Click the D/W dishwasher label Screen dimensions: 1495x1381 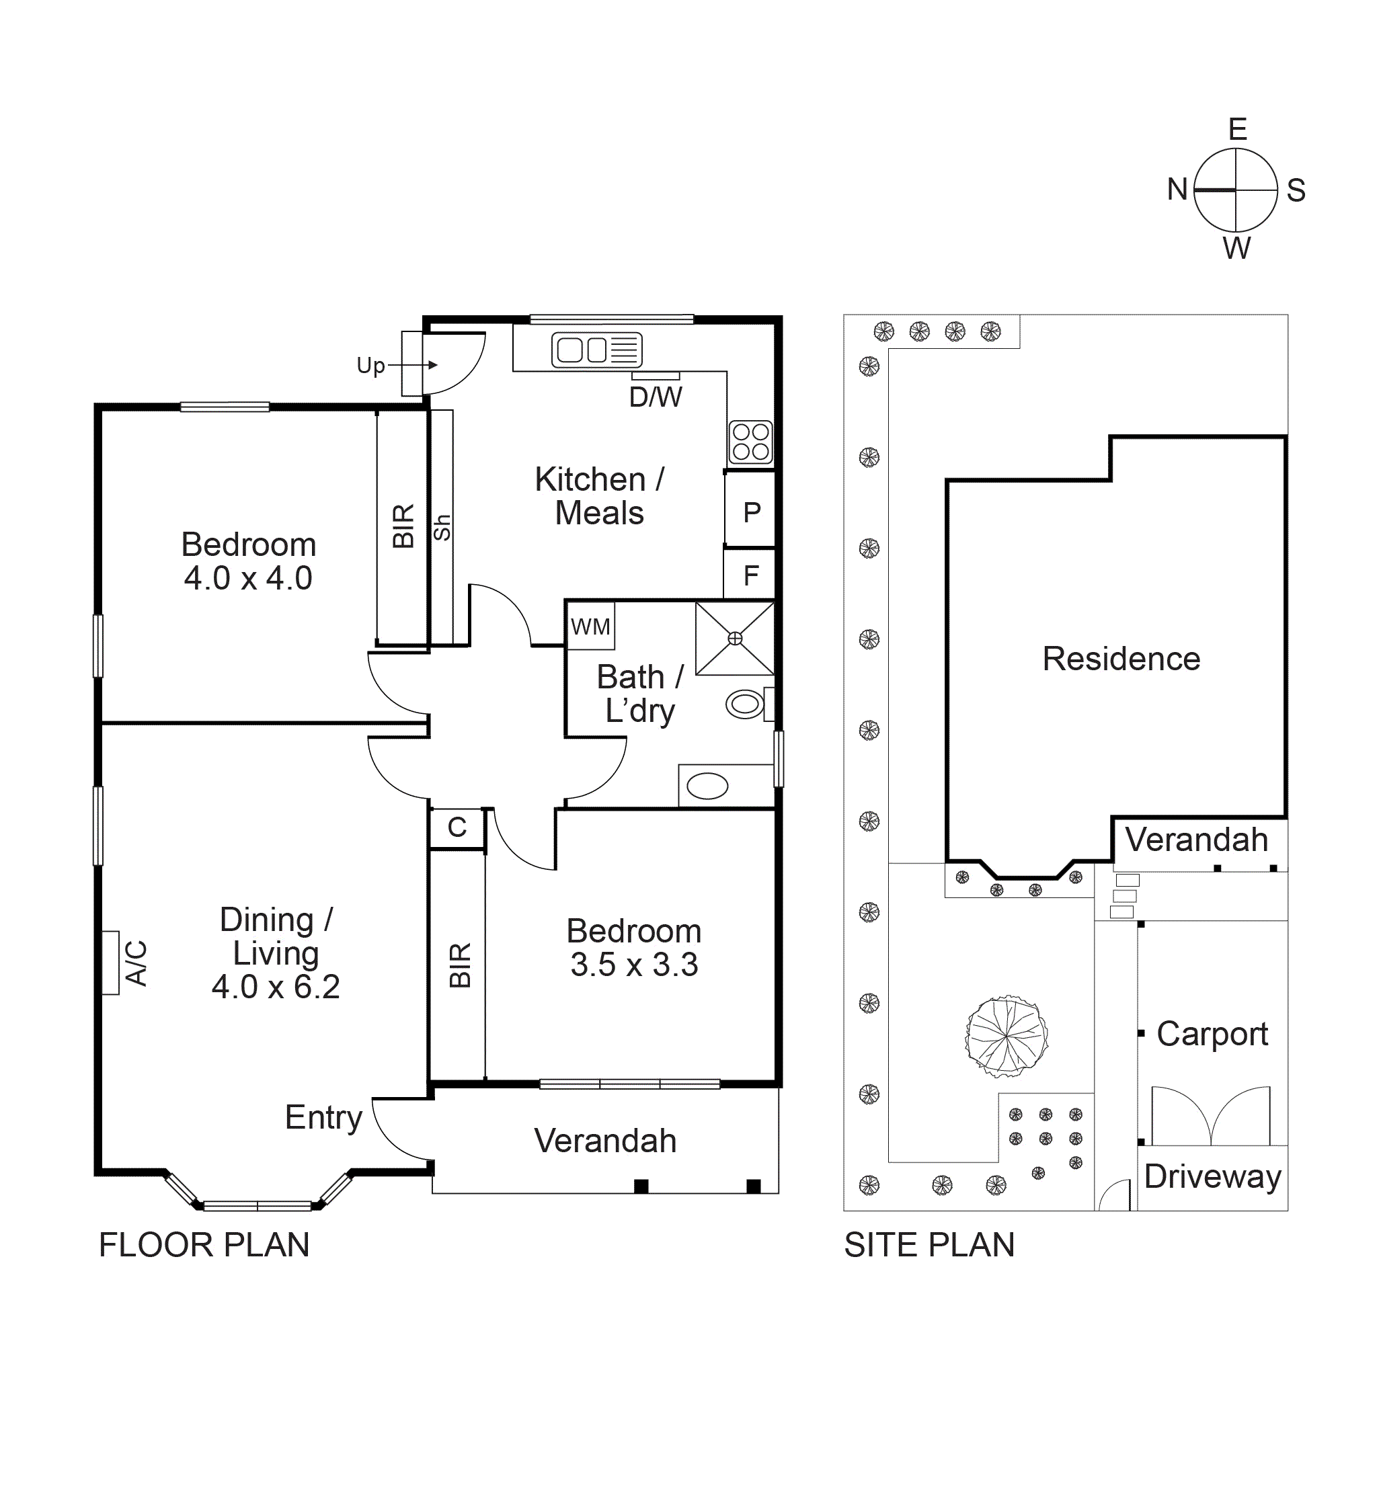656,397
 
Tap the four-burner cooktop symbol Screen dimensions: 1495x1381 750,442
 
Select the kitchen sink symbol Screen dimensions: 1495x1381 596,350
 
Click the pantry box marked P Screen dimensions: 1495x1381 751,512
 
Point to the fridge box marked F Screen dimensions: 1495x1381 751,575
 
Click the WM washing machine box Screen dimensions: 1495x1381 590,626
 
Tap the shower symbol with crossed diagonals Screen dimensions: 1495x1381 735,638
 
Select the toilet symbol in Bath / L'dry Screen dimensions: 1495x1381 746,704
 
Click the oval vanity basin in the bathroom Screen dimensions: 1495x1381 707,786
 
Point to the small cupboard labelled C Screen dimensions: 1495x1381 457,827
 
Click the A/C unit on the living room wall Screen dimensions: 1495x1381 112,963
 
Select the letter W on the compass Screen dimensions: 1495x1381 1236,249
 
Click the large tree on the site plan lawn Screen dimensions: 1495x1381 1007,1037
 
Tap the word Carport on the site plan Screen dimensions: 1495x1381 1212,1034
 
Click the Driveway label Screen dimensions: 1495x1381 1212,1177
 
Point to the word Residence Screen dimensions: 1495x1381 1121,659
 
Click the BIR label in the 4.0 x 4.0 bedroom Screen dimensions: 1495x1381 403,526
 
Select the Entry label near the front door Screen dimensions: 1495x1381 323,1118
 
